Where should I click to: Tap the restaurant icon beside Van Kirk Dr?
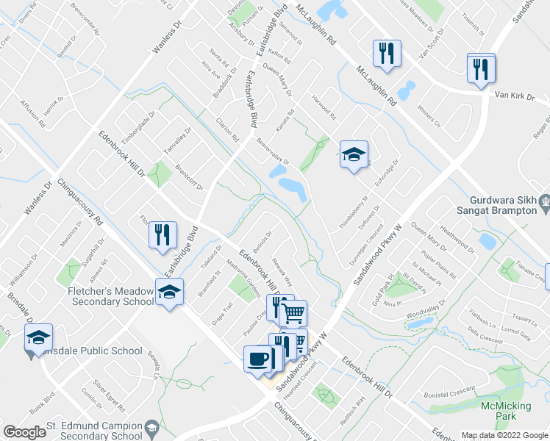coord(481,69)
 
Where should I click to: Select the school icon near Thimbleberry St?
coord(354,155)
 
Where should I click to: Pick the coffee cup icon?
coord(259,359)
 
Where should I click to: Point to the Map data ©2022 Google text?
coord(504,435)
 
